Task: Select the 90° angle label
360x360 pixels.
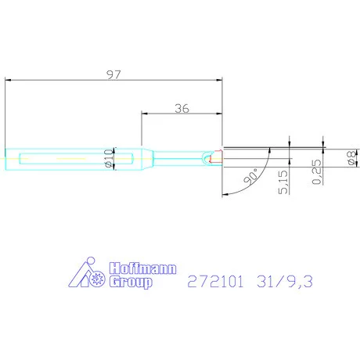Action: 250,178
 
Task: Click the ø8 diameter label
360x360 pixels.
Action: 350,159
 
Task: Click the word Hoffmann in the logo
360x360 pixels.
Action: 139,266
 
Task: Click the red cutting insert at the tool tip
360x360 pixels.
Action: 216,159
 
